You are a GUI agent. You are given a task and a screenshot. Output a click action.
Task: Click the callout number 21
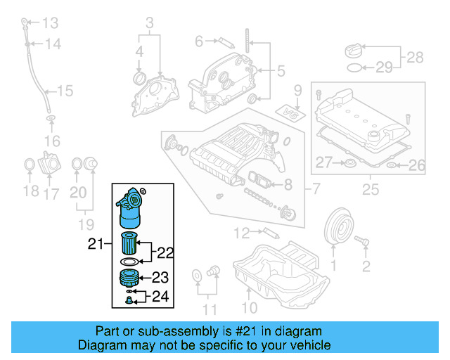click(x=96, y=245)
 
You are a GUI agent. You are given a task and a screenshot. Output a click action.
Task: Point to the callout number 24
click(x=161, y=297)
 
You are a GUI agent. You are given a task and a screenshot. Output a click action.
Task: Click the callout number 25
click(x=370, y=189)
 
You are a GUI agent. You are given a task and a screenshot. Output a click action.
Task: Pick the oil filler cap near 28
click(x=354, y=51)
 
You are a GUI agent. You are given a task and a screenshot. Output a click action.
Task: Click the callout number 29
click(x=383, y=67)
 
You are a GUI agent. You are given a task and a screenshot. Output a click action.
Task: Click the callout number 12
click(x=241, y=231)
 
